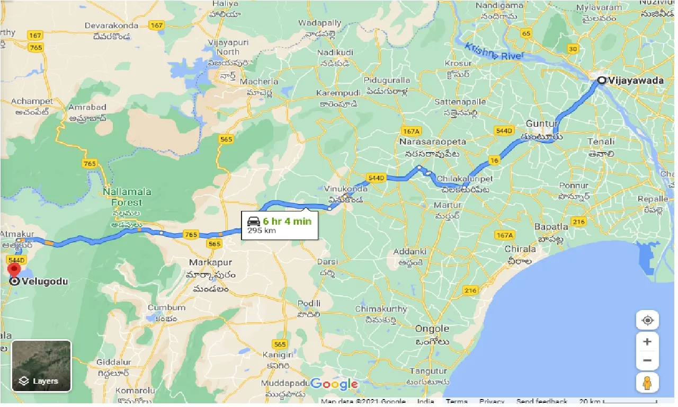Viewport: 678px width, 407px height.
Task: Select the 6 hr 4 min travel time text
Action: [287, 221]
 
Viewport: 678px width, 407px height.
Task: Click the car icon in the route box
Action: [253, 222]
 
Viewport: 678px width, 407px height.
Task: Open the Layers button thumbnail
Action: [41, 366]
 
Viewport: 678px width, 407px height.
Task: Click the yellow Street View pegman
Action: [647, 382]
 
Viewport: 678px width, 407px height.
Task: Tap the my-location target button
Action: [647, 321]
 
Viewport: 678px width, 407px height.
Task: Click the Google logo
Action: [334, 384]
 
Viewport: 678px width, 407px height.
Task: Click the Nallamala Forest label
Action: [127, 197]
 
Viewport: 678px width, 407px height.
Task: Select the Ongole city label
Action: [432, 329]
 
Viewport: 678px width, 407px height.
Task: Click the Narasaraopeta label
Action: [433, 142]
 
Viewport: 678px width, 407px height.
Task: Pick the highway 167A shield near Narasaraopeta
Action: [411, 131]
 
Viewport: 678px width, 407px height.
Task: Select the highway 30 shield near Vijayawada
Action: [573, 49]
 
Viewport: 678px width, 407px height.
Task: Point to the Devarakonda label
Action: [111, 25]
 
